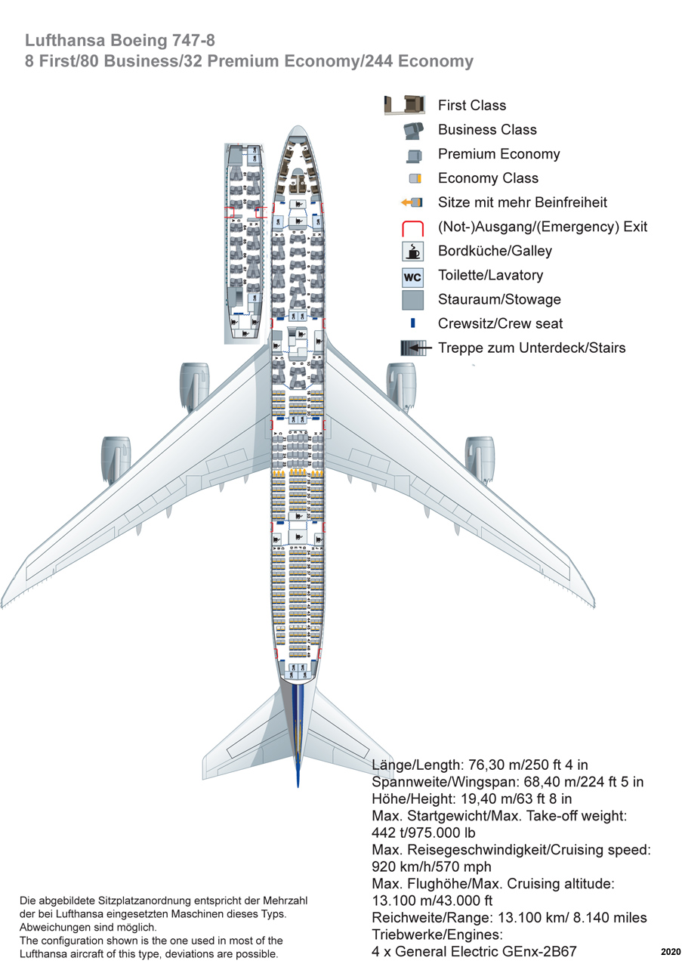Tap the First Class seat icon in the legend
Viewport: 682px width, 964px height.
pyautogui.click(x=403, y=105)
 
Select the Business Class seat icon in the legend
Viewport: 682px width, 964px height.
pyautogui.click(x=413, y=130)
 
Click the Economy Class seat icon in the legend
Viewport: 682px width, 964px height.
pyautogui.click(x=415, y=178)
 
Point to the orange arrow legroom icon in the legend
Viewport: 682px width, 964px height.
pyautogui.click(x=411, y=202)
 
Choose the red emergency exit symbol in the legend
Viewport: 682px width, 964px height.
pyautogui.click(x=412, y=227)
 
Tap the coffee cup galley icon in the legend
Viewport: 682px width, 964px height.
pyautogui.click(x=412, y=252)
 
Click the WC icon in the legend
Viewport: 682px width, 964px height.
pyautogui.click(x=412, y=277)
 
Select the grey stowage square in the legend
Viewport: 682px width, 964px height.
pyautogui.click(x=412, y=300)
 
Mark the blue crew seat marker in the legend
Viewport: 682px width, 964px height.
pyautogui.click(x=413, y=323)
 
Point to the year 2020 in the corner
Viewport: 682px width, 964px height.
pyautogui.click(x=670, y=951)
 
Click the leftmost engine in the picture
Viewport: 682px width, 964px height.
pyautogui.click(x=116, y=458)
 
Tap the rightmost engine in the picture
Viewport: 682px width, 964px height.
pyautogui.click(x=479, y=458)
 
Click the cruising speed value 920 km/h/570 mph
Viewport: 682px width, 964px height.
pyautogui.click(x=432, y=867)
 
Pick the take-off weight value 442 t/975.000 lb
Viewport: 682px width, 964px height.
pyautogui.click(x=424, y=833)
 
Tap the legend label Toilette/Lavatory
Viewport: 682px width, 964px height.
pyautogui.click(x=490, y=276)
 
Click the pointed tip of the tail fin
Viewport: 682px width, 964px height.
pyautogui.click(x=298, y=786)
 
